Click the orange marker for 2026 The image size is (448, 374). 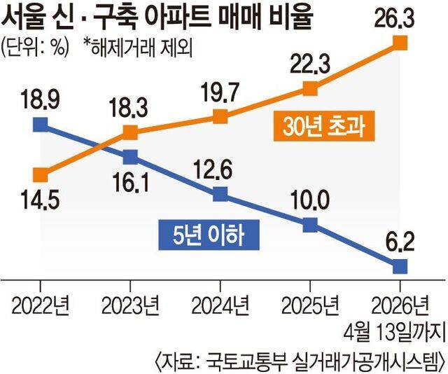400,43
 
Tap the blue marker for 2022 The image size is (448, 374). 41,125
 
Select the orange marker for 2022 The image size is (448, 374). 41,174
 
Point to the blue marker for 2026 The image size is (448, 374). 400,266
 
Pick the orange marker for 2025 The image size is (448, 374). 310,88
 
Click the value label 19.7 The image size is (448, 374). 220,89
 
